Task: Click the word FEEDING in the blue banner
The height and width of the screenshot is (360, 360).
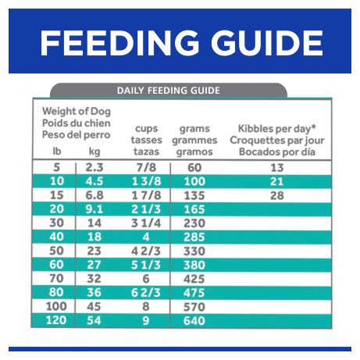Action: tap(119, 43)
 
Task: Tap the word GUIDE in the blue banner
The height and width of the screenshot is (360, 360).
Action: tap(267, 43)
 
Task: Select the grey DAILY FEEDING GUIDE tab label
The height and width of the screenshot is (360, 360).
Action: tap(169, 91)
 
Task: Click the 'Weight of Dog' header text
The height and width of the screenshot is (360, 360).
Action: tap(77, 112)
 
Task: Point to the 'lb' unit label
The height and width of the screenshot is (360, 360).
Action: tap(57, 151)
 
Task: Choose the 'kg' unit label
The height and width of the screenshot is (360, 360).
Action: tap(94, 151)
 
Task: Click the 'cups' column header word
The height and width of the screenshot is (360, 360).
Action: tap(146, 129)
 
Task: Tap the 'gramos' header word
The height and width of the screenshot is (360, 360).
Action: tap(194, 151)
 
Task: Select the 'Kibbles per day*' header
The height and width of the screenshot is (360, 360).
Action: tap(277, 128)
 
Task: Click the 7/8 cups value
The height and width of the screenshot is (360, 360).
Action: tap(146, 168)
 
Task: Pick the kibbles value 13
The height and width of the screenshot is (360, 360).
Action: tap(276, 168)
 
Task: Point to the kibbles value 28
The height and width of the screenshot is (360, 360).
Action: tap(276, 195)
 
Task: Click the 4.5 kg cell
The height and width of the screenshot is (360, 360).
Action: tap(94, 181)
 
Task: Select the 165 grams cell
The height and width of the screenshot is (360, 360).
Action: tap(194, 209)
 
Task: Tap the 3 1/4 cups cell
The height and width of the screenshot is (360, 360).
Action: tap(146, 223)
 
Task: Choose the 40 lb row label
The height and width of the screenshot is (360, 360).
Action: tap(56, 237)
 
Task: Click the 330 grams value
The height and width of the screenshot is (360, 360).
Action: tap(194, 251)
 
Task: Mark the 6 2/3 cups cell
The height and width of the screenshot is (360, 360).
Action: tap(146, 293)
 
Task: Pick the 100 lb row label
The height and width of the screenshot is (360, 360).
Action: tap(56, 307)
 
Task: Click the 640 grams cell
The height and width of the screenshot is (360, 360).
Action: tap(194, 321)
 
